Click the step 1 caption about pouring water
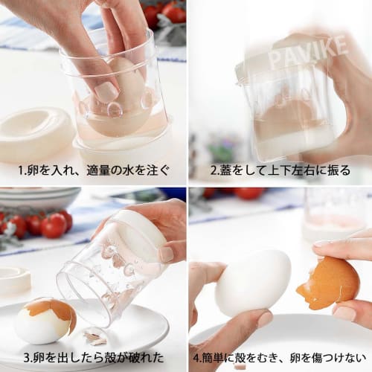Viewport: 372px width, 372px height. [92, 170]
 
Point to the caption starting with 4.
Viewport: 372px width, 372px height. [280, 356]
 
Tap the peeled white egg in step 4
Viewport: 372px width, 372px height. [253, 282]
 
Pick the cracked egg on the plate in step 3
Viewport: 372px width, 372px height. [45, 321]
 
